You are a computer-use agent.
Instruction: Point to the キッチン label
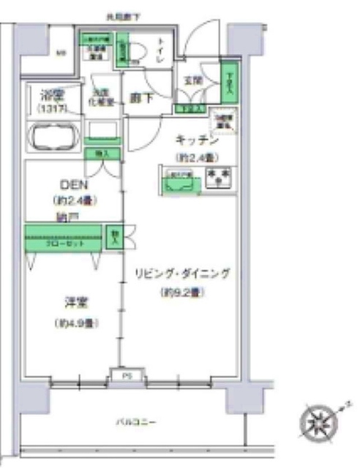pyautogui.click(x=193, y=139)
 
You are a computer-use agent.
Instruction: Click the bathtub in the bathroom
pyautogui.click(x=53, y=137)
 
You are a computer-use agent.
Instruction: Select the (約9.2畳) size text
pyautogui.click(x=181, y=293)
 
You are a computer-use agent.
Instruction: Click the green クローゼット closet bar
pyautogui.click(x=65, y=237)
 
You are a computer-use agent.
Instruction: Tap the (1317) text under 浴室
pyautogui.click(x=51, y=109)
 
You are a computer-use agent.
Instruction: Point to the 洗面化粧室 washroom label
pyautogui.click(x=102, y=97)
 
